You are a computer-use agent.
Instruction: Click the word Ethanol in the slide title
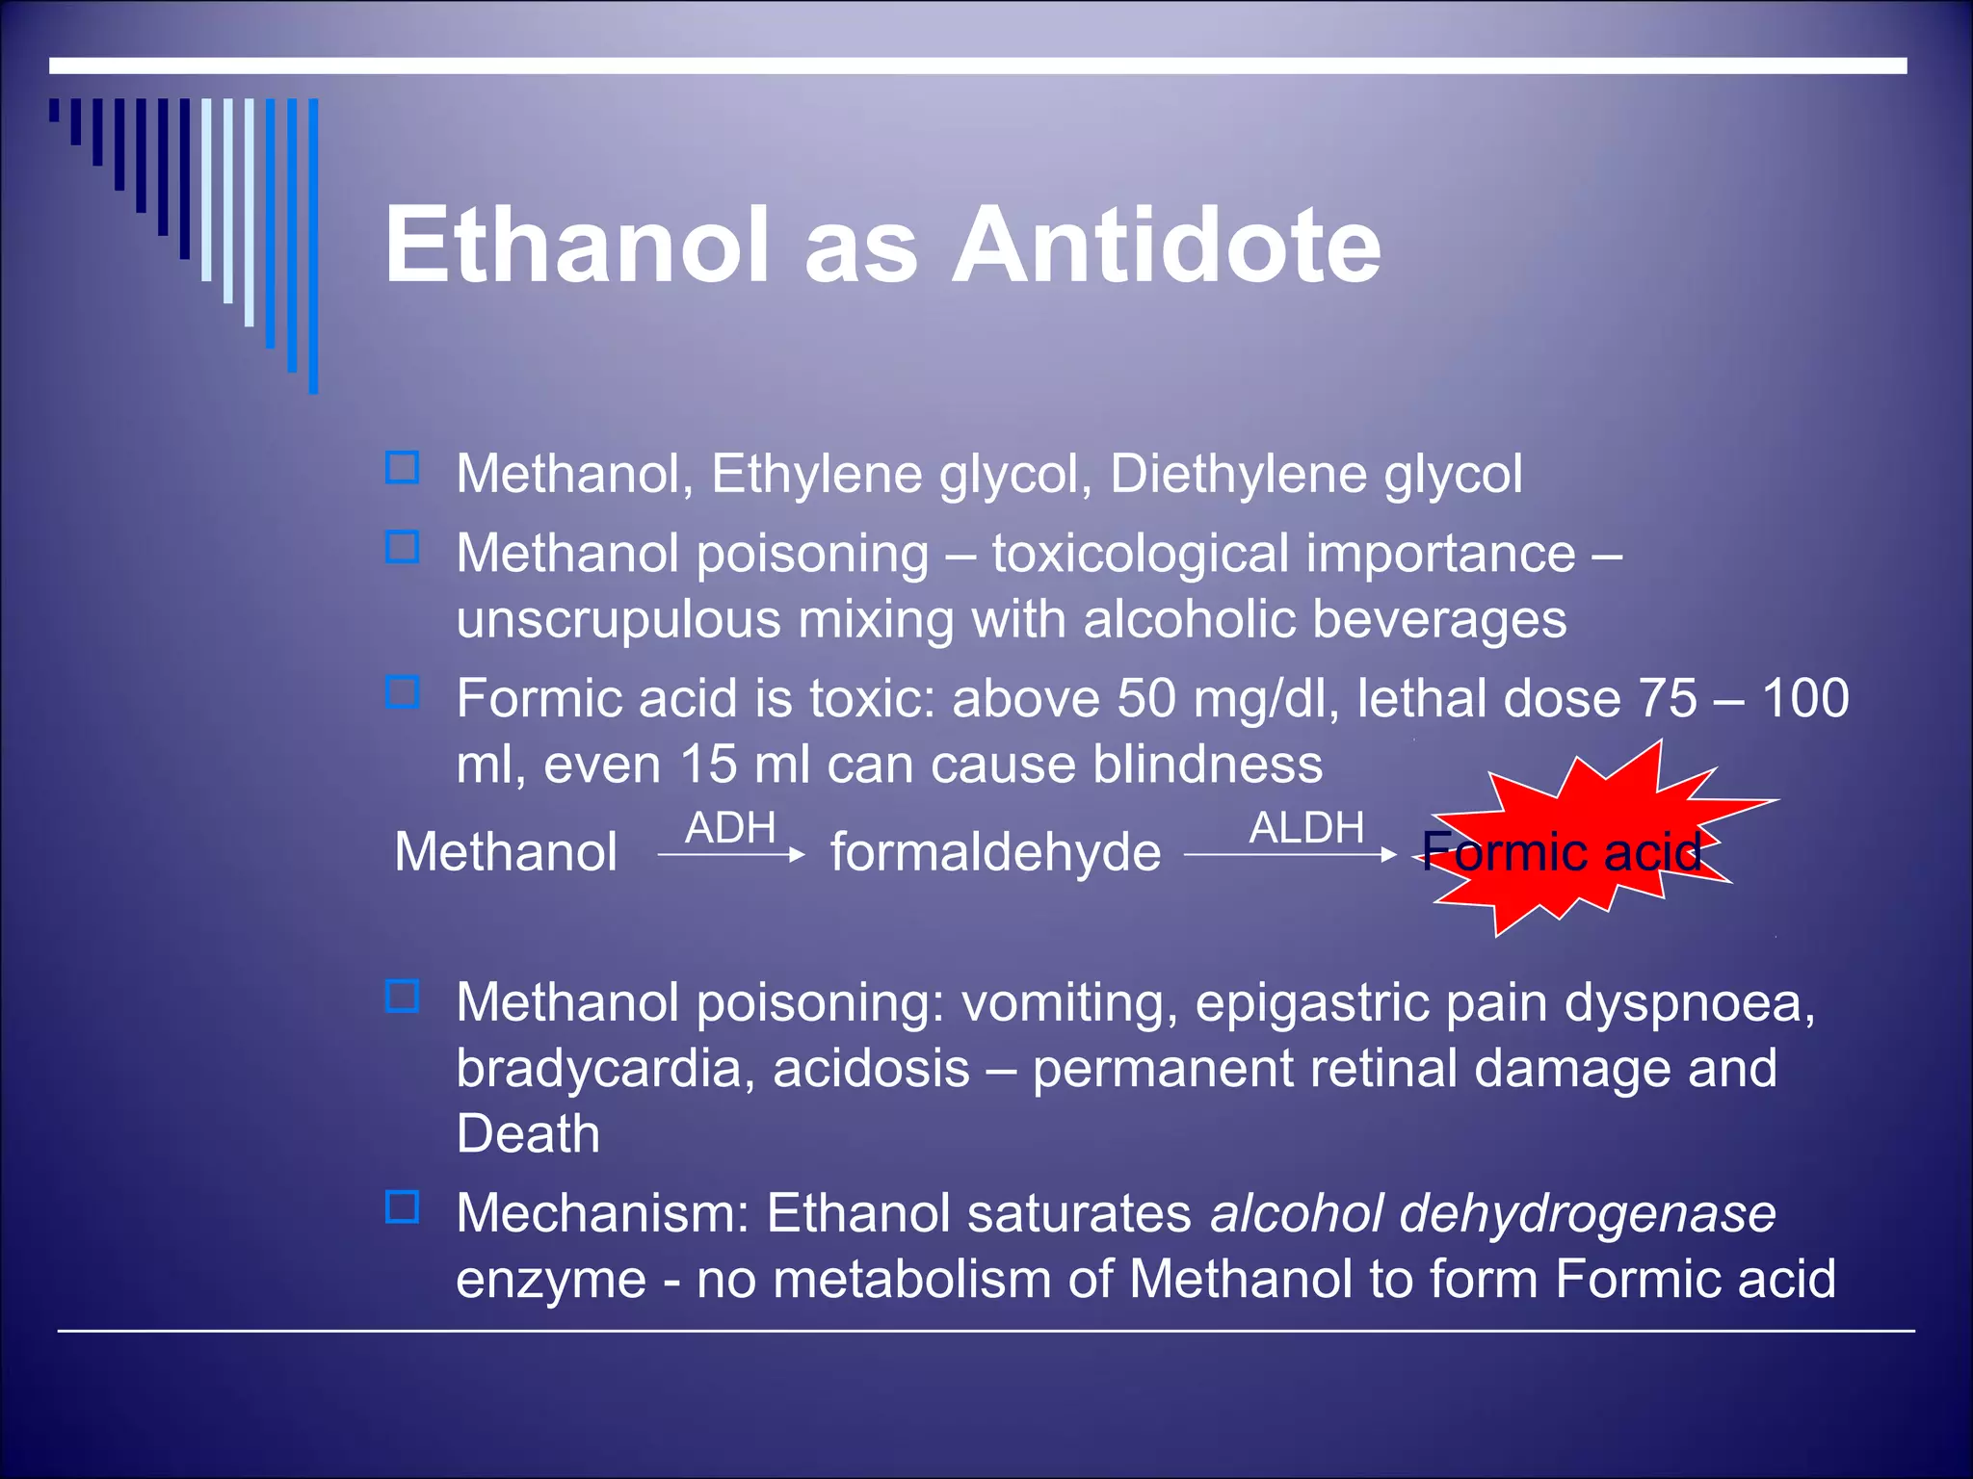(577, 246)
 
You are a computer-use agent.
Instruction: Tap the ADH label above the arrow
(730, 828)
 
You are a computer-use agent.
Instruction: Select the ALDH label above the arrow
(1306, 828)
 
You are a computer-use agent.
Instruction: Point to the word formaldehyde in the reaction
(995, 853)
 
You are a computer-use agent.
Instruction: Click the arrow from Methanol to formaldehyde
(730, 855)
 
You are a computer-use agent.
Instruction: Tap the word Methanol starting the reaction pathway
(506, 853)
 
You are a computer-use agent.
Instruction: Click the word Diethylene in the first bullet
(1238, 475)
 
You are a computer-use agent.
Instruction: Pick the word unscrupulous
(618, 619)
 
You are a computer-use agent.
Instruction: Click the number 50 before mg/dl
(1146, 698)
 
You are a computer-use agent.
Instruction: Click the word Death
(528, 1134)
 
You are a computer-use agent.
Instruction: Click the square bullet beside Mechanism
(402, 1207)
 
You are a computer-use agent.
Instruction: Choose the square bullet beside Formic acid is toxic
(402, 692)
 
